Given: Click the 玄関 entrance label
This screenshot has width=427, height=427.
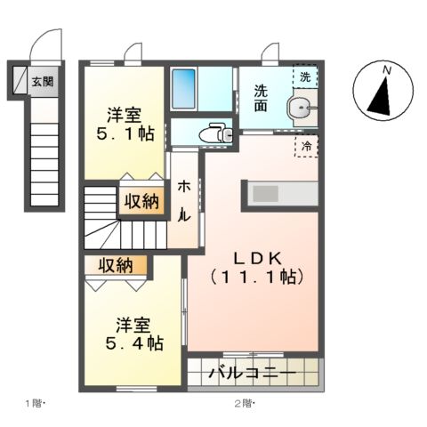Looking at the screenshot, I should click(x=43, y=82).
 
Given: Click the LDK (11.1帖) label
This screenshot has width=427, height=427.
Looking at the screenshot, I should click(x=257, y=267).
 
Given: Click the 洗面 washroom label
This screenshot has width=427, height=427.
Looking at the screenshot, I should click(x=262, y=97).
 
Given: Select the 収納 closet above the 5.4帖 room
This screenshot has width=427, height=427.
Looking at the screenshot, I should click(x=117, y=265).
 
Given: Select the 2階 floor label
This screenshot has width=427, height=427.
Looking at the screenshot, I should click(x=243, y=404).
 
